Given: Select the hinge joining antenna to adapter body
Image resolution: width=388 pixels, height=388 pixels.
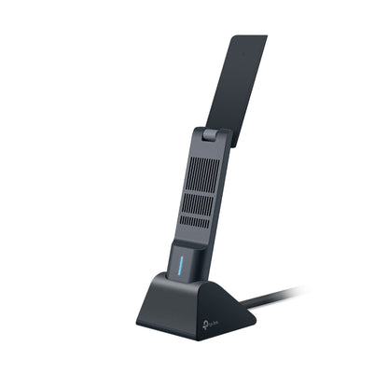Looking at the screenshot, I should pyautogui.click(x=212, y=136).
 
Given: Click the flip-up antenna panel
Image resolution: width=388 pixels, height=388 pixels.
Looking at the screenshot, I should pyautogui.click(x=244, y=84).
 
